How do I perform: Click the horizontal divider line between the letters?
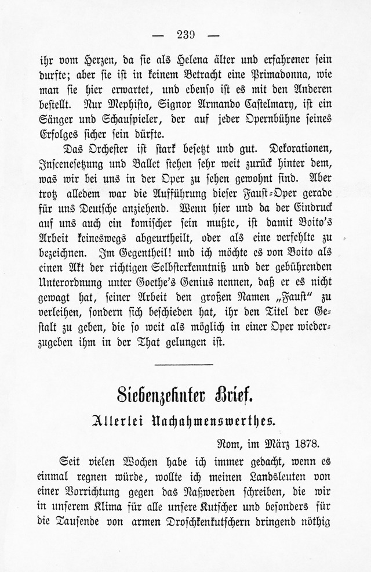185,364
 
